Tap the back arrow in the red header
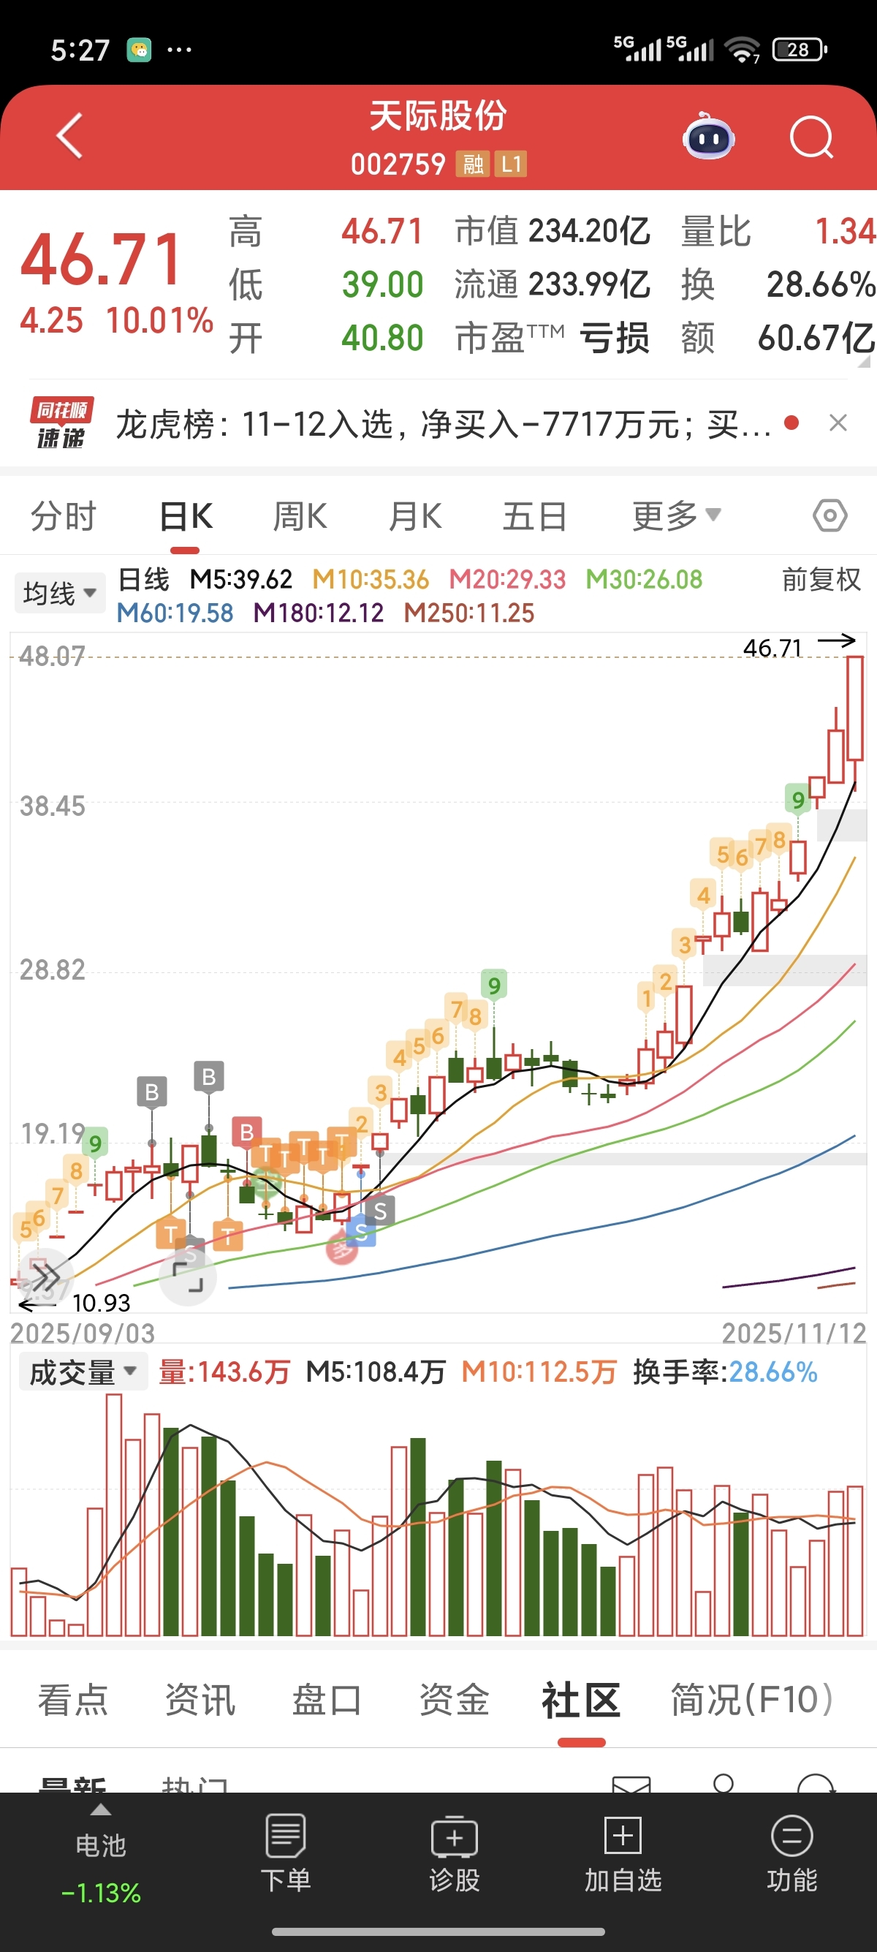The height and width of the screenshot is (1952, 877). pos(69,137)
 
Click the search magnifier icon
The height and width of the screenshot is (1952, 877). pos(811,138)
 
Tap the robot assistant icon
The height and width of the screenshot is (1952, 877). pos(709,138)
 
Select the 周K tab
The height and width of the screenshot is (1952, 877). pos(300,517)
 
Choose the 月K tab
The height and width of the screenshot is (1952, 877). pos(414,517)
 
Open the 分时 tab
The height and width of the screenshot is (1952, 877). pos(64,517)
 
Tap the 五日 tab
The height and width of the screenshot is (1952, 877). pos(535,517)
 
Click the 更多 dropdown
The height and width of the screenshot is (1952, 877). pos(675,517)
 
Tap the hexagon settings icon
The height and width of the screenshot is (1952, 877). pos(829,517)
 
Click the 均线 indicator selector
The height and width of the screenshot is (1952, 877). pos(59,593)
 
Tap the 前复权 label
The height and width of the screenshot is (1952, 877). pos(821,580)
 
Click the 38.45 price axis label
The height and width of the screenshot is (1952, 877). pos(53,806)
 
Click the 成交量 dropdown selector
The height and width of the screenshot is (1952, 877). pos(82,1372)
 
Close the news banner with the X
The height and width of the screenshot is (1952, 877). pos(838,423)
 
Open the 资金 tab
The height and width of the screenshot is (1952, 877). pos(455,1700)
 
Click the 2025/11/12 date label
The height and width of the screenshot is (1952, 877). pos(794,1334)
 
